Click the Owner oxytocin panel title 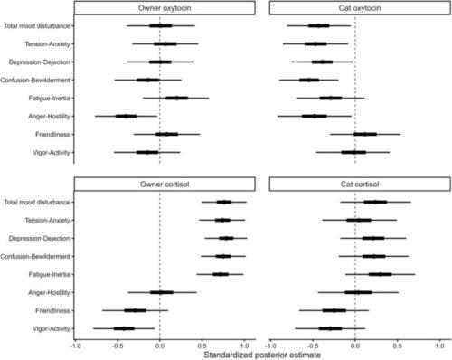pyautogui.click(x=165, y=8)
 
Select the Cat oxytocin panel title pyautogui.click(x=360, y=8)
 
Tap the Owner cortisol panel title pyautogui.click(x=165, y=185)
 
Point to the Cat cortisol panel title pyautogui.click(x=360, y=185)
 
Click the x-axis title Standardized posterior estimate pyautogui.click(x=262, y=355)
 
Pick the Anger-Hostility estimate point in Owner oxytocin pyautogui.click(x=126, y=116)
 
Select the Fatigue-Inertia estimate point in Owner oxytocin pyautogui.click(x=177, y=98)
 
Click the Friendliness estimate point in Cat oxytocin pyautogui.click(x=365, y=134)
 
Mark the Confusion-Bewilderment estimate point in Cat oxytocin pyautogui.click(x=309, y=80)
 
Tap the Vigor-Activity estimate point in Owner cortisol pyautogui.click(x=124, y=328)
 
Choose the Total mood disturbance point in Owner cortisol pyautogui.click(x=224, y=202)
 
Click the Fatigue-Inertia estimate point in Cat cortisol pyautogui.click(x=381, y=274)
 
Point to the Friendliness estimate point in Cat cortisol pyautogui.click(x=334, y=310)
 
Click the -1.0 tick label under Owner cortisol pyautogui.click(x=75, y=346)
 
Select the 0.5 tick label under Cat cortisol pyautogui.click(x=397, y=346)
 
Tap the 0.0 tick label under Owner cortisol pyautogui.click(x=160, y=346)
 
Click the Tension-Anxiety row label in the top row pyautogui.click(x=47, y=44)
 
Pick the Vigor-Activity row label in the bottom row pyautogui.click(x=52, y=328)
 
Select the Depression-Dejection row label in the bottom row pyautogui.click(x=39, y=238)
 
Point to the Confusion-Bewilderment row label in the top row pyautogui.click(x=35, y=80)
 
